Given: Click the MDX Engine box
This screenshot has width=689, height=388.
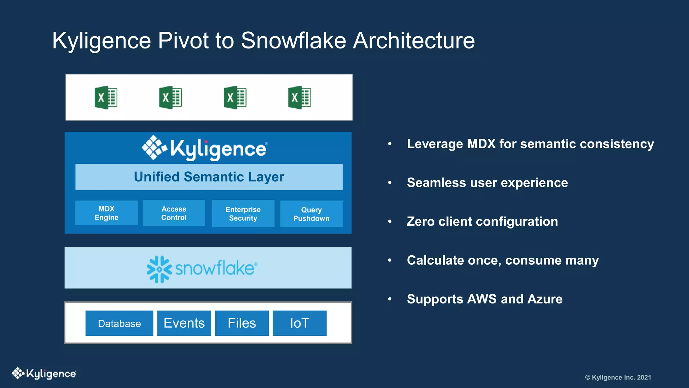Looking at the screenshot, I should click(x=106, y=213).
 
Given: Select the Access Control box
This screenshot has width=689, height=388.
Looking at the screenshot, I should click(x=174, y=213).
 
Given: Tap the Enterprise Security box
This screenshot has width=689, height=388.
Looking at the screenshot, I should click(x=243, y=214).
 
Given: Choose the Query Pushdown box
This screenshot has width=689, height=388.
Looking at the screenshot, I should click(x=311, y=214).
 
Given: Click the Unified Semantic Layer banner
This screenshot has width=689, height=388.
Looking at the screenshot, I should click(x=209, y=177).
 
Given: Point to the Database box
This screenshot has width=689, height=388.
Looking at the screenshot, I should click(x=119, y=323).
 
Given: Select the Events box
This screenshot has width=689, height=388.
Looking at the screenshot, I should click(x=184, y=323).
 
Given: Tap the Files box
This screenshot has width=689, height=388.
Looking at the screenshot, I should click(x=242, y=323).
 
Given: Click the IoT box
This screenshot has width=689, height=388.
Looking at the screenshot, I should click(x=299, y=323).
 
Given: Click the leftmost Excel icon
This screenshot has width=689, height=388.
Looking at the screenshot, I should click(x=106, y=98).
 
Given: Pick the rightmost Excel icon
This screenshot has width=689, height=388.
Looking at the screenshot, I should click(x=299, y=98).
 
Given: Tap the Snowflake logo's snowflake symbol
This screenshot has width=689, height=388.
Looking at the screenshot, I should click(x=159, y=269).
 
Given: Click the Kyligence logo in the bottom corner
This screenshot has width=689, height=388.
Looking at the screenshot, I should click(x=44, y=373).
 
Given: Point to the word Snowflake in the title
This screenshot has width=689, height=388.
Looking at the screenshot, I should click(x=293, y=40).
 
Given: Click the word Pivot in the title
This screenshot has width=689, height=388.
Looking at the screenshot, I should click(x=183, y=40).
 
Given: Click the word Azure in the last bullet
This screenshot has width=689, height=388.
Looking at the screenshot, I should click(x=545, y=299).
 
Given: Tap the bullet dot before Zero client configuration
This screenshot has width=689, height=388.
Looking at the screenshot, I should click(x=390, y=222).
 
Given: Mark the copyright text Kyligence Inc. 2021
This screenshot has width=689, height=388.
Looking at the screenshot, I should click(x=618, y=378).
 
